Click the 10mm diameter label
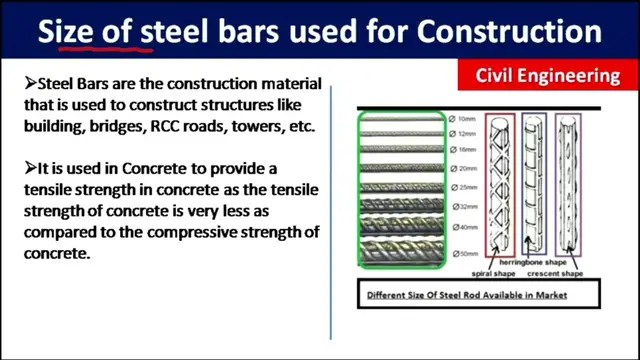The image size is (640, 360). [x=462, y=119]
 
